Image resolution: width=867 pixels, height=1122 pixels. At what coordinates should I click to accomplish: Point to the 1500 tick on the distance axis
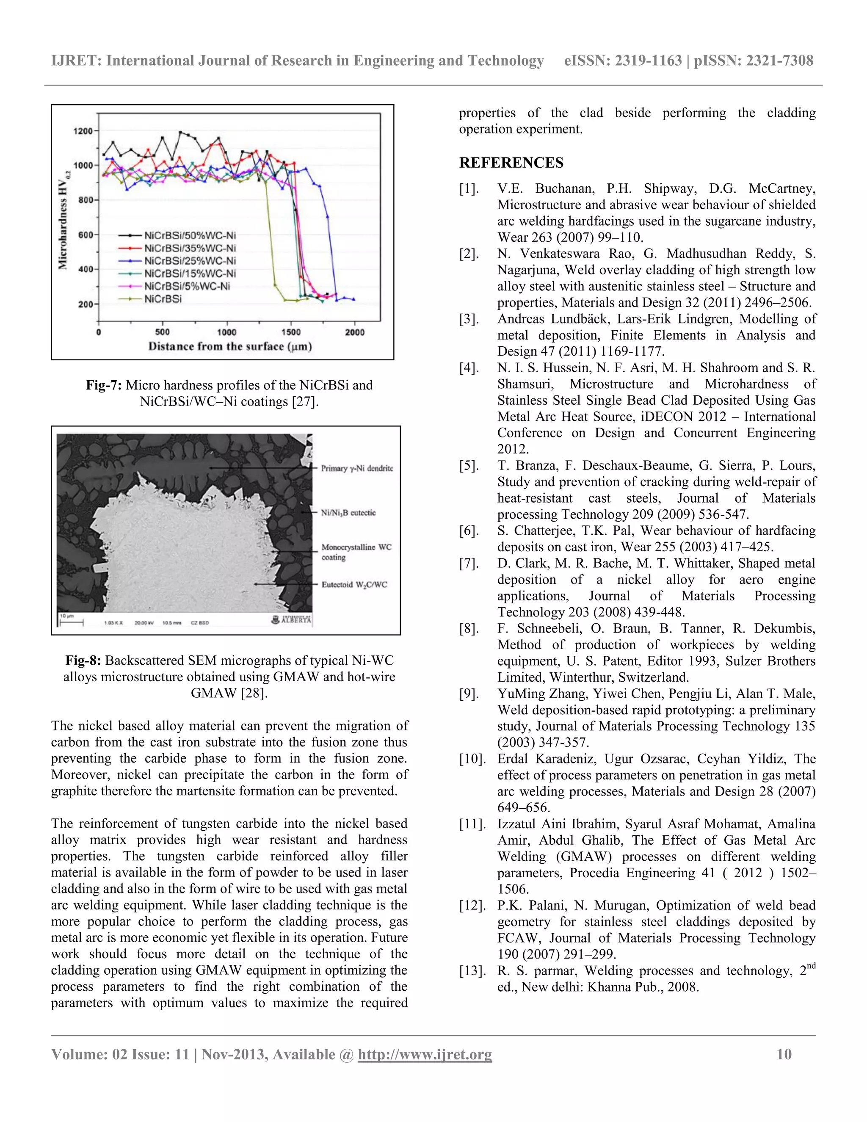pos(291,332)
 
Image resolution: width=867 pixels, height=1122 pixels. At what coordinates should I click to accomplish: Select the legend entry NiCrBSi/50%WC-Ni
pos(190,236)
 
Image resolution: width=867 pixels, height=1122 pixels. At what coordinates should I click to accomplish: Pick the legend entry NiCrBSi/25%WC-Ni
pos(190,261)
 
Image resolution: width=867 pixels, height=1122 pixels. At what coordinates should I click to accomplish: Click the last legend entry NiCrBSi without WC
pos(163,299)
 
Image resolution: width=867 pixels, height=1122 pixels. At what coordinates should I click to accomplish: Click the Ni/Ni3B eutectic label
pos(348,513)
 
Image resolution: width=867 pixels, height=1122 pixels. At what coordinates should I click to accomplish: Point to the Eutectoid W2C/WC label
pos(354,585)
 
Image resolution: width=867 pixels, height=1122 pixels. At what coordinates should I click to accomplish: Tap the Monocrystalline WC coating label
pos(356,552)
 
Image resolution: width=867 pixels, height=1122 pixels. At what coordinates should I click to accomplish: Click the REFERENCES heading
pos(511,163)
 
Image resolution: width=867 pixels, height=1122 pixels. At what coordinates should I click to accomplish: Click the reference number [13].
pos(472,971)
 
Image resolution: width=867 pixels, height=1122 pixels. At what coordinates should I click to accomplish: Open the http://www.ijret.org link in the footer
pos(425,1054)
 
